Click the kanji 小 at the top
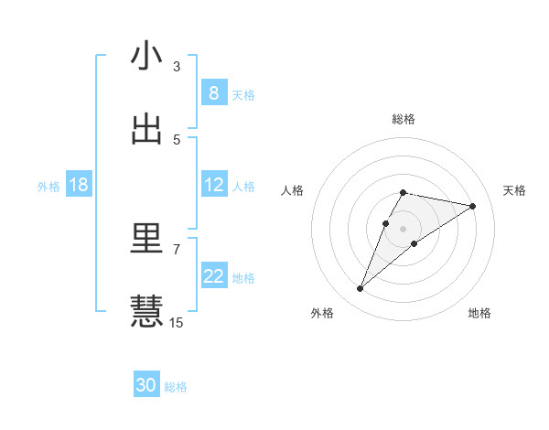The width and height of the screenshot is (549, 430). [146, 57]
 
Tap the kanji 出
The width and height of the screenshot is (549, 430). [146, 129]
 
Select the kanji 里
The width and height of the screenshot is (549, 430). [146, 239]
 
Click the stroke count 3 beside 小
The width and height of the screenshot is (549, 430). [177, 66]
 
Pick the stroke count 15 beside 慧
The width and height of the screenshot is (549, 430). [177, 322]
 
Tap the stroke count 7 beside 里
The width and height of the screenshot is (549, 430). [177, 249]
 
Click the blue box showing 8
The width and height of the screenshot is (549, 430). [213, 93]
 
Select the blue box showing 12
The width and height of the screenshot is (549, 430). [213, 185]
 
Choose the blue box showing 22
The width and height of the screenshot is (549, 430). [213, 276]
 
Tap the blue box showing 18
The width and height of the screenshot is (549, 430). [79, 185]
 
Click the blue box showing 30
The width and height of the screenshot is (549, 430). [146, 385]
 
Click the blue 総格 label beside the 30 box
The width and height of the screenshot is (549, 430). [176, 387]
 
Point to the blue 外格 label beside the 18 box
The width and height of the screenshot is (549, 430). [48, 187]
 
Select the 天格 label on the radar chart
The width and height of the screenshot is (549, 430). [514, 190]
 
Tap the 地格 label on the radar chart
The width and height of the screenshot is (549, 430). [479, 313]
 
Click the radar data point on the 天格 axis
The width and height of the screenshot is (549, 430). [472, 206]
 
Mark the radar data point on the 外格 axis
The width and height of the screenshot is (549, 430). [360, 289]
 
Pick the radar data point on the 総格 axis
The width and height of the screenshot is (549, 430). [403, 192]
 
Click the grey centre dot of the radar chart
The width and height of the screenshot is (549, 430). [403, 229]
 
